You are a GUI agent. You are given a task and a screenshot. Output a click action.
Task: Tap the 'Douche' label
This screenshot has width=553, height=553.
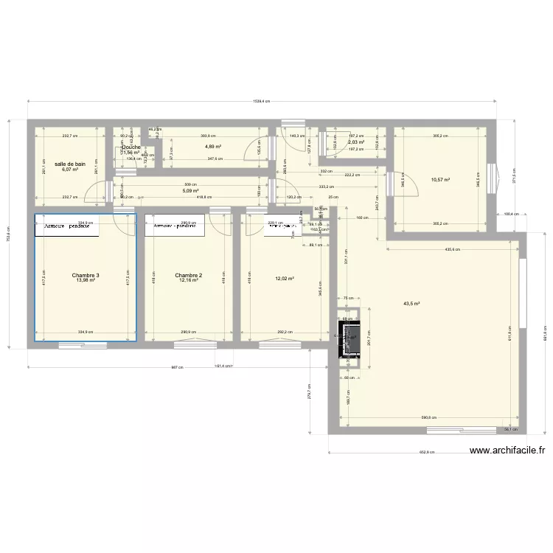(131, 147)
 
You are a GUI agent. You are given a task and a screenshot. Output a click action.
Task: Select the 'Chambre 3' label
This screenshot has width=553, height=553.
(86, 276)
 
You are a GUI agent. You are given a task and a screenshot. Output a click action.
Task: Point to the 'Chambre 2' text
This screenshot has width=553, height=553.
(188, 276)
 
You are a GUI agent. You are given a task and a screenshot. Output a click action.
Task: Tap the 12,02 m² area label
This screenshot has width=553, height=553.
(285, 279)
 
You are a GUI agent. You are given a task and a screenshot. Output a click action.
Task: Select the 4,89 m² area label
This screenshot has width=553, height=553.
(213, 147)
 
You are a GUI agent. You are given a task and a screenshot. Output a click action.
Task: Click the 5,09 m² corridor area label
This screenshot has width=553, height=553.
(191, 190)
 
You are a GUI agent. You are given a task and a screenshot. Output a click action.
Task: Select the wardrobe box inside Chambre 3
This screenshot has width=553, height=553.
(67, 226)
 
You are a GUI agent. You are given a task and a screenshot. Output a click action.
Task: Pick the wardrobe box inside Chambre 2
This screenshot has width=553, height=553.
(175, 226)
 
